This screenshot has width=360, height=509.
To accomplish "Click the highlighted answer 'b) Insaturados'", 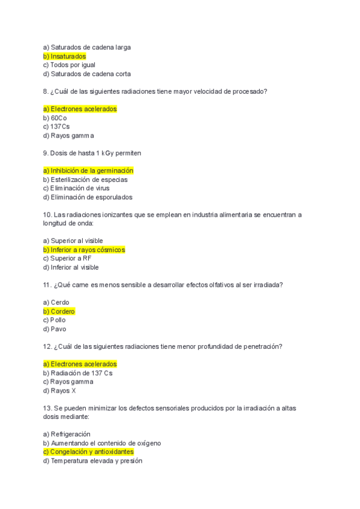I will coord(64,56).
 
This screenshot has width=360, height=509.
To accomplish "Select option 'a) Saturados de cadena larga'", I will coord(87,47).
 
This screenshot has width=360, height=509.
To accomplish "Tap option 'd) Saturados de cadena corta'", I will coord(87,74).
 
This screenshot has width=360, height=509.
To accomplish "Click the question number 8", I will coord(46,91).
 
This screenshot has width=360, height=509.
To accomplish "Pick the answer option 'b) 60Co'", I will coord(55,118).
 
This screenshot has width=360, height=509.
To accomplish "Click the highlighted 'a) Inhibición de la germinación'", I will coord(88,170).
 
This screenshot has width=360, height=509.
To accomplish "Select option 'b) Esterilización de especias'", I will coord(85,179).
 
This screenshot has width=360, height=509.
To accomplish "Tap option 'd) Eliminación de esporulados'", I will coord(88,197).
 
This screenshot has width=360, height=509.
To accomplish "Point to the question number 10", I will coord(47,214).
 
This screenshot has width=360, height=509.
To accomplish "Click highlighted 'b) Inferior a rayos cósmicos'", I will coord(84,250).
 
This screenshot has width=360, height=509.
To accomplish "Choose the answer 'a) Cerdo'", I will coord(56,303).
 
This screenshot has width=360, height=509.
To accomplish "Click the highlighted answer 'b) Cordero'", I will coord(59,312).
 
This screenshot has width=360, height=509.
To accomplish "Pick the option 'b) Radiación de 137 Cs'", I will coord(78,373).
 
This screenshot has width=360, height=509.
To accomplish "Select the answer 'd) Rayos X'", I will coord(59,391).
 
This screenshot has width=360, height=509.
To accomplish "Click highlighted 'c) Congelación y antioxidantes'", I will coord(88,451).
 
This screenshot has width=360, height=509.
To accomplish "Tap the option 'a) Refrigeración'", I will coord(67,434).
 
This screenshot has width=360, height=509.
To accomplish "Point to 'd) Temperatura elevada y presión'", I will coord(93,461).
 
